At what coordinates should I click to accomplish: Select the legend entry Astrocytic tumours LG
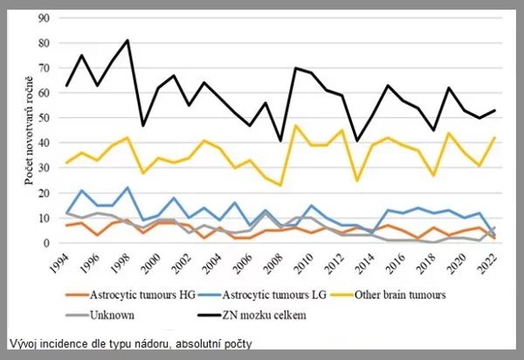pyautogui.click(x=275, y=295)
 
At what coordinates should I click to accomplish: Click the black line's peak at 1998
pyautogui.click(x=127, y=40)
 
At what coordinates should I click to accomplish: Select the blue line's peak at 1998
pyautogui.click(x=127, y=188)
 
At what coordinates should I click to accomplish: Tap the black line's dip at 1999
pyautogui.click(x=143, y=126)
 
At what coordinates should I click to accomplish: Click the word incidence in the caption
pyautogui.click(x=71, y=343)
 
